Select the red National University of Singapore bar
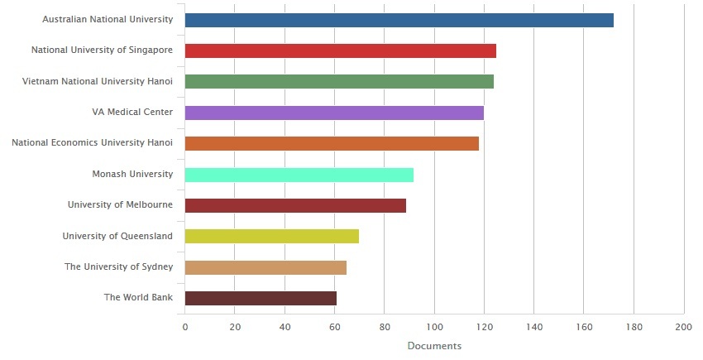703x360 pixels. [340, 50]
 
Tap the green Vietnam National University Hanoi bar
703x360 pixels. [339, 81]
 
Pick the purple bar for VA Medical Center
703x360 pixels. [334, 113]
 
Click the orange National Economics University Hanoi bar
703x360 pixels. [332, 143]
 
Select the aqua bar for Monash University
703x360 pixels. [299, 175]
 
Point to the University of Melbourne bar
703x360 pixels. [295, 205]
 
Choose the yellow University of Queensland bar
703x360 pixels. [271, 237]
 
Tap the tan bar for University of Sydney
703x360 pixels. [265, 267]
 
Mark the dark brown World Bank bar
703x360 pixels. [261, 298]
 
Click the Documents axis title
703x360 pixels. [434, 346]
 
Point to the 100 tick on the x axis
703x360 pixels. [434, 327]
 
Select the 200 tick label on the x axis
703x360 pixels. [683, 327]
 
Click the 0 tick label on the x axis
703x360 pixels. [185, 327]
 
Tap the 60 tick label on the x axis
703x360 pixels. [334, 327]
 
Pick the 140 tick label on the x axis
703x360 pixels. [533, 327]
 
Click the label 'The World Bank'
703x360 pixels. [138, 298]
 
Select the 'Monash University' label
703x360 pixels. [132, 175]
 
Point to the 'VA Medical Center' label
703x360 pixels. [132, 113]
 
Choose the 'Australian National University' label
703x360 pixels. [108, 19]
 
